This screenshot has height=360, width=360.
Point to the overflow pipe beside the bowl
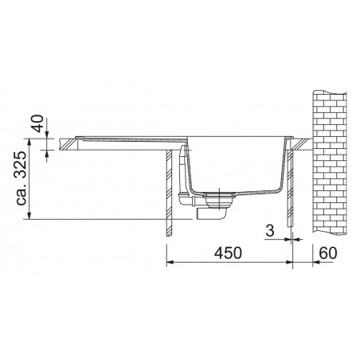click(x=186, y=171)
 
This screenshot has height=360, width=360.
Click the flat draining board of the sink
click(x=127, y=143)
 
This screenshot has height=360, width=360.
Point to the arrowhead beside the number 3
click(x=286, y=239)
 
